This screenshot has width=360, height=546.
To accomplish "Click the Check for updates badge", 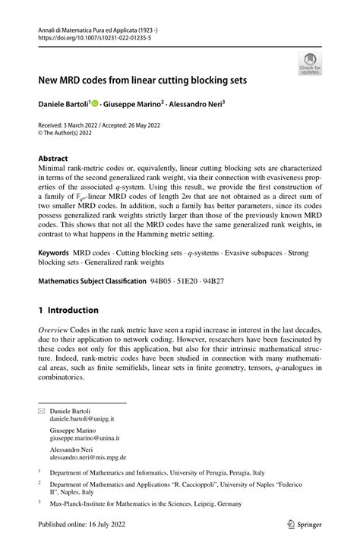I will coord(310,64).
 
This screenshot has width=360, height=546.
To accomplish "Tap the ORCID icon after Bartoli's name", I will coord(96,101).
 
